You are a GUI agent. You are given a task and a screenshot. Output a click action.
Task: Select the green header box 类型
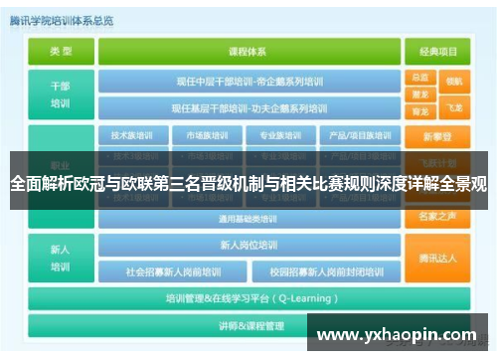pos(61,52)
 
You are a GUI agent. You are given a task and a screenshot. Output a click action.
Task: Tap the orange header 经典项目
pos(439,52)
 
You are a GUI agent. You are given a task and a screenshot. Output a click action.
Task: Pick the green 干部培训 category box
pos(61,94)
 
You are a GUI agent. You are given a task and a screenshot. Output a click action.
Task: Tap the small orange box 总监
pos(419,78)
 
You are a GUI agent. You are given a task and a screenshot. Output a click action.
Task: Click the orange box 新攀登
pos(438,135)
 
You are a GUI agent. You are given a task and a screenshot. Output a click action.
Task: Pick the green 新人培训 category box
pos(61,258)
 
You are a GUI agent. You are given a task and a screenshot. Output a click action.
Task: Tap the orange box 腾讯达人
pos(438,258)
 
